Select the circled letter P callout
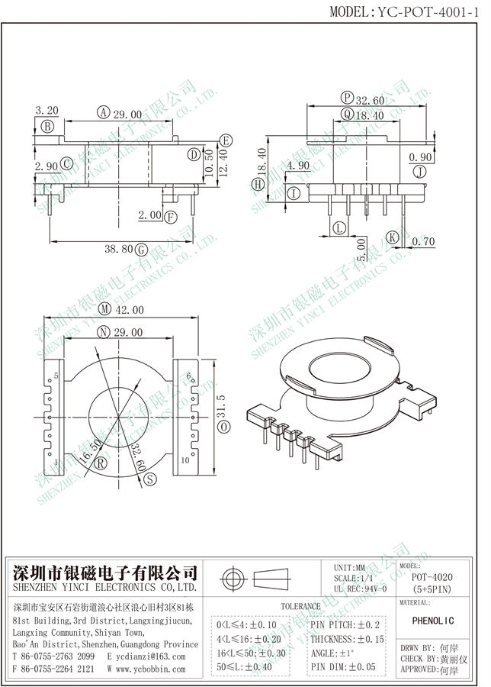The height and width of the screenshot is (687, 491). [348, 98]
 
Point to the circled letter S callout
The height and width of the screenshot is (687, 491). [150, 479]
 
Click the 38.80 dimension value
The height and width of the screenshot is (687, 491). [117, 249]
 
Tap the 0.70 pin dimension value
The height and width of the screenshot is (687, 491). [423, 242]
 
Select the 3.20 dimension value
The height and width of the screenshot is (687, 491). [47, 111]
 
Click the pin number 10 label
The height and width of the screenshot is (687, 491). [185, 460]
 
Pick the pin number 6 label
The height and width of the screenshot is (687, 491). [188, 375]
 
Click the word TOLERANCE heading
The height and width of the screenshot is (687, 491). [301, 606]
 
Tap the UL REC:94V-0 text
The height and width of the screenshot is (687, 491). [361, 589]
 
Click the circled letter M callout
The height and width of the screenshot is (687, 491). [104, 310]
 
